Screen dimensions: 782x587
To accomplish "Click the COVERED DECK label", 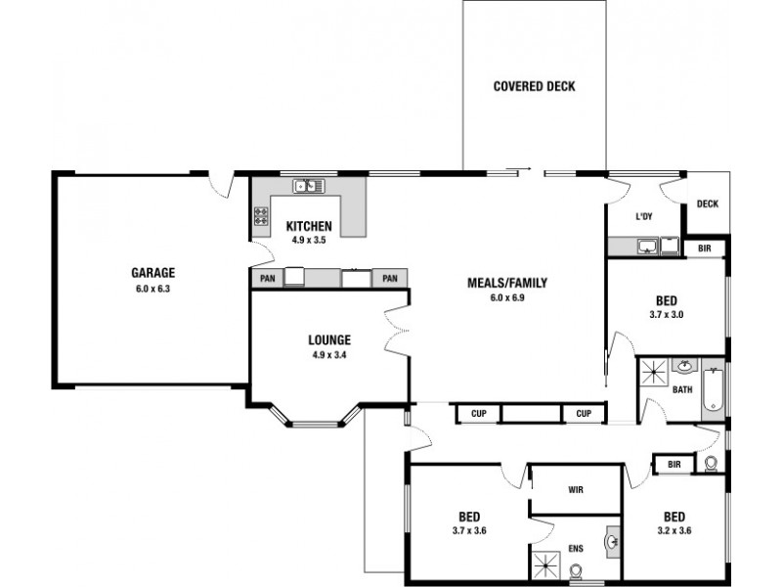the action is coord(534,86).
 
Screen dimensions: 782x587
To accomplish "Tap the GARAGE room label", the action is coord(153,273).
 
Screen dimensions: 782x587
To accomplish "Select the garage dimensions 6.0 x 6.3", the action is coord(153,289).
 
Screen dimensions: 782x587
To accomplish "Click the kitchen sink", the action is coord(309,186).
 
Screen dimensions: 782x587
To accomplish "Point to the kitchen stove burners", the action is coord(261,216).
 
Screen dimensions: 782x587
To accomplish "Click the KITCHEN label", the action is coord(309,226).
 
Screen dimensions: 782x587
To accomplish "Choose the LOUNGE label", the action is coord(329,339).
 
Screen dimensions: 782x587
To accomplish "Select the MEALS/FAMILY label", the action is coord(507,283).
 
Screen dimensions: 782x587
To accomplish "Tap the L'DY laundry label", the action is coord(644,216).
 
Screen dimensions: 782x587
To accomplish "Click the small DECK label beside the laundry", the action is coord(707,203).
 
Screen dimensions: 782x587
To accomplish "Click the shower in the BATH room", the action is coord(653,372).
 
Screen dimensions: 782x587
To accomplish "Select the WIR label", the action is coord(576,490).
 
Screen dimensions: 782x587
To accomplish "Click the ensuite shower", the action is coord(547,566).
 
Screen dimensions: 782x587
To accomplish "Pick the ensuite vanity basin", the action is coord(613,541).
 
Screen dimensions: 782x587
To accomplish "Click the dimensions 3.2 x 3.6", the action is coord(674,530).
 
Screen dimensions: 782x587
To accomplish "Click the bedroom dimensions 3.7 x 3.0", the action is coord(667,315).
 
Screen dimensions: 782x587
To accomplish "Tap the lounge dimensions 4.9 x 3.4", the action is coord(329,355).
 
